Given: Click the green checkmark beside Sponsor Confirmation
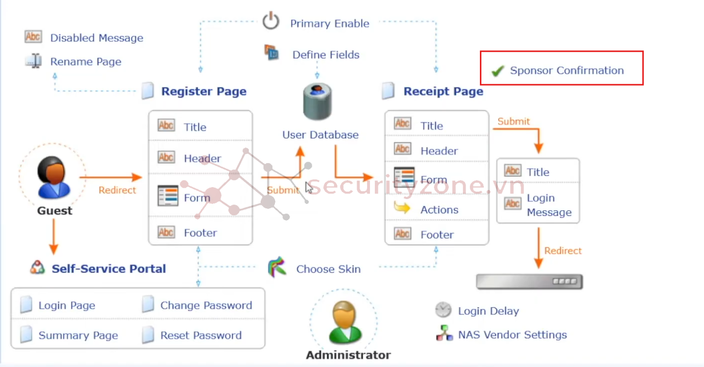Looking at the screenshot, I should (498, 71).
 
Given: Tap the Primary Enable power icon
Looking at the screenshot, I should (270, 22).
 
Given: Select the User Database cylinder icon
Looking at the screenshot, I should (317, 102).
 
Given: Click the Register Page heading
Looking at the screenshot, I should (203, 91).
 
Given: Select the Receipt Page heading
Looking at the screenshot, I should (443, 91).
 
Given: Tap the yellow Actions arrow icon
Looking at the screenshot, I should (402, 208).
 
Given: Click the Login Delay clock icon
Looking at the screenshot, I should (443, 310).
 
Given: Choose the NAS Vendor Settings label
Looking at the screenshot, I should (512, 335).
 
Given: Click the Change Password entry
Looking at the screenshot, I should (206, 305).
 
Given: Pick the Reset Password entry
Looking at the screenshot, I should (201, 335).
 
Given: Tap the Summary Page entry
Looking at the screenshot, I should (78, 335).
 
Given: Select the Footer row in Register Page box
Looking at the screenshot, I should (200, 233).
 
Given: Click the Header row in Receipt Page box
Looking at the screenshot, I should (439, 151).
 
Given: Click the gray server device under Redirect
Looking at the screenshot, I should (529, 282).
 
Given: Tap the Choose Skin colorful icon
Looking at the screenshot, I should (277, 267).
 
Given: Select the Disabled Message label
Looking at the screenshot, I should (97, 38).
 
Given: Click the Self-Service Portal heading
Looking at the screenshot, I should (108, 268).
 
